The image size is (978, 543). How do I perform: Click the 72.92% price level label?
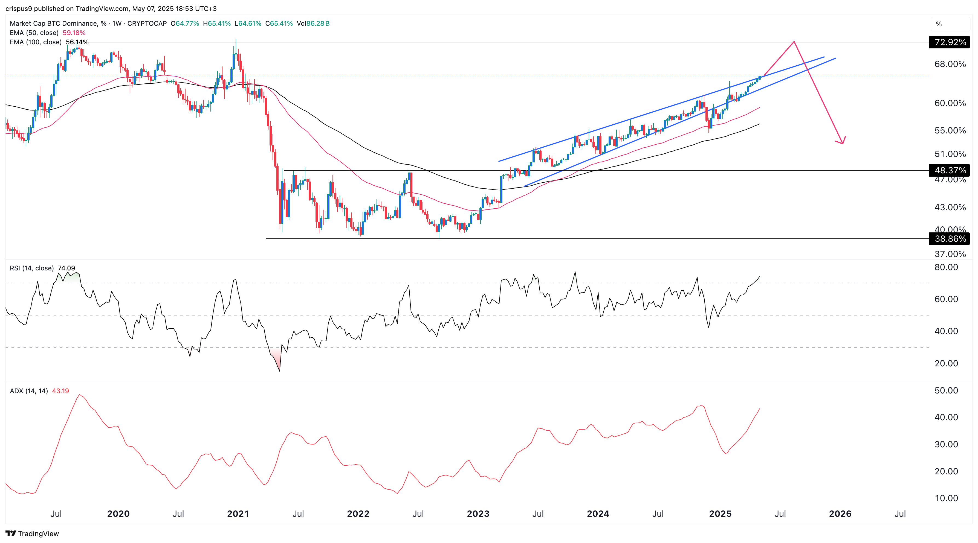(x=950, y=42)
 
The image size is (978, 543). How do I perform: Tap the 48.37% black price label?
(x=950, y=170)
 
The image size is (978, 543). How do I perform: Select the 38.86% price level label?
(x=950, y=239)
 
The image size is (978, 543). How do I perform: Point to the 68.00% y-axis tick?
(x=950, y=64)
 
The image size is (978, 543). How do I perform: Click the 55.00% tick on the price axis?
(x=950, y=130)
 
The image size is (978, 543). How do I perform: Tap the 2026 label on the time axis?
(x=840, y=514)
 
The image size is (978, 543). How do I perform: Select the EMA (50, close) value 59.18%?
(x=74, y=33)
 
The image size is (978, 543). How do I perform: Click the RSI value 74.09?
(x=66, y=268)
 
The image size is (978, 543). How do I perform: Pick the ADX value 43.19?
(x=60, y=391)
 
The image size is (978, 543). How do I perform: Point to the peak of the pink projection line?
(x=794, y=41)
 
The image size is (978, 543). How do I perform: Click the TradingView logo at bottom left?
(x=32, y=533)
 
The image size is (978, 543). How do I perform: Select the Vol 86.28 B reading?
(x=313, y=24)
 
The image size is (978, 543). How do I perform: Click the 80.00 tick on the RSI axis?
(x=946, y=267)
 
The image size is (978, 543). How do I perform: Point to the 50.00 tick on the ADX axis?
(x=946, y=390)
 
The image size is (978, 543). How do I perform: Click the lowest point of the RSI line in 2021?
(x=280, y=371)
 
